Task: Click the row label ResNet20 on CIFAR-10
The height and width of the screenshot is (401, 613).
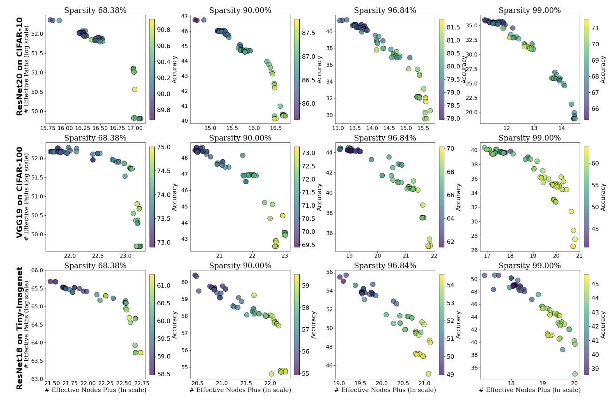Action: (x=19, y=66)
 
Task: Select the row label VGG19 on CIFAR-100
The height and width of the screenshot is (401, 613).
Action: (x=19, y=193)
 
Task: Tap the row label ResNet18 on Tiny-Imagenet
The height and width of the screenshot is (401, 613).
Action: (x=19, y=328)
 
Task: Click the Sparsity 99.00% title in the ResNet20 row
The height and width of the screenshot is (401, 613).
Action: (x=530, y=10)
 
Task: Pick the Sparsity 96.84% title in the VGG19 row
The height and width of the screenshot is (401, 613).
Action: (x=385, y=138)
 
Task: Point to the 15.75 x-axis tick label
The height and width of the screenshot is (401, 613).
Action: (x=48, y=128)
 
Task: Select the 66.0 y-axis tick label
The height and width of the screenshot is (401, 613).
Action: (x=38, y=270)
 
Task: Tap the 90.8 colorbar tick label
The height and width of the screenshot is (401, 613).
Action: (x=164, y=30)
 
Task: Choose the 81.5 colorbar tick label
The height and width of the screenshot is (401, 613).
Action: (x=453, y=27)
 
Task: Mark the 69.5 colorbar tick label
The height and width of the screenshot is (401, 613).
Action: (x=308, y=245)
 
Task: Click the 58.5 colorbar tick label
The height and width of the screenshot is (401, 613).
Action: (x=164, y=374)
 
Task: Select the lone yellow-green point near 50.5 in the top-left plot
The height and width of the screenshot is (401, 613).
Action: (x=134, y=90)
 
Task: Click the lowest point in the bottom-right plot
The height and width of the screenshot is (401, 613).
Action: (x=575, y=374)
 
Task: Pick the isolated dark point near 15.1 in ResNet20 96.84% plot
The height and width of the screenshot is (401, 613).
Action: (x=410, y=58)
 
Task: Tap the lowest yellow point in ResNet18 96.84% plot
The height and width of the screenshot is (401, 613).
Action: (x=428, y=374)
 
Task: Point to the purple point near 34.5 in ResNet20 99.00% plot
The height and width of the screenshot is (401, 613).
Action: (x=512, y=28)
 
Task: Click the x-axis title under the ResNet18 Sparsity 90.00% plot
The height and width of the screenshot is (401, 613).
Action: (x=240, y=390)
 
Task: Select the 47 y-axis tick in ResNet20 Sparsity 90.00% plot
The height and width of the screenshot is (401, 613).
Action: (x=185, y=16)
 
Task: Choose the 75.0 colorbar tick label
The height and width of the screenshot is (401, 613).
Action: (x=164, y=147)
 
